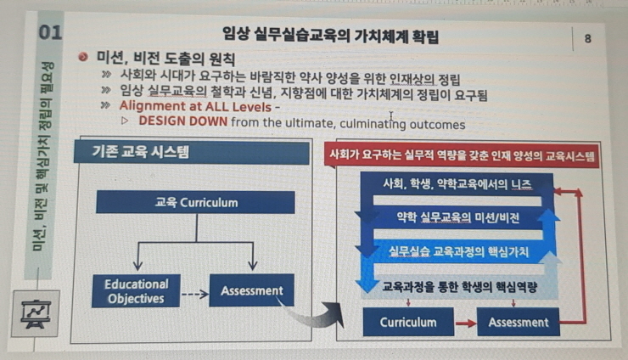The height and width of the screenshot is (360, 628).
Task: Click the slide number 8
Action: coord(587,38)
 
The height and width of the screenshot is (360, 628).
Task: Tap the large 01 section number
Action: coord(50,32)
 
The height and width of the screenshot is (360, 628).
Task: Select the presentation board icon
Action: coord(36,314)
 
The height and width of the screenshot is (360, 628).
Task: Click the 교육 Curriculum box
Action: coord(195,202)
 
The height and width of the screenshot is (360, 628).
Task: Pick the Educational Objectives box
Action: coord(136,291)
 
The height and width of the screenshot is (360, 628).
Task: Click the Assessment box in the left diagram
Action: coord(252,290)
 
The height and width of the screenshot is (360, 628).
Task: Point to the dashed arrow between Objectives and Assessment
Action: coord(195,295)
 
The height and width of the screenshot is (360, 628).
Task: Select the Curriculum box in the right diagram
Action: coord(408,322)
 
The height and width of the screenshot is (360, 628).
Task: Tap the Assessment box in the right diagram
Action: coord(519,322)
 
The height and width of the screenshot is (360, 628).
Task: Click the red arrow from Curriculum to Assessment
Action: coord(465,323)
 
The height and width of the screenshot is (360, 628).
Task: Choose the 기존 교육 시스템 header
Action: coord(192,152)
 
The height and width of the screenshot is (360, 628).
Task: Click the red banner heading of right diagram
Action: coord(462,155)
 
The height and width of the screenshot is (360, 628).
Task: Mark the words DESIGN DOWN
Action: coord(183,121)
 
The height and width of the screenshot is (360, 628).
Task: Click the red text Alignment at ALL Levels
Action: coord(195,107)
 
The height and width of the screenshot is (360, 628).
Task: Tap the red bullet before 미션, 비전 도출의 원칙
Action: coord(83,57)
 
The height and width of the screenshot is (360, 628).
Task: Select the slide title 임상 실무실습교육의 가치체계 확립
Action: coord(330,36)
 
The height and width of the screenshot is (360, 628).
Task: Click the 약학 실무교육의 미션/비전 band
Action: coord(458,217)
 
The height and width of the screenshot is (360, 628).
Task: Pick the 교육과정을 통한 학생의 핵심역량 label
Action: coord(459,287)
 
